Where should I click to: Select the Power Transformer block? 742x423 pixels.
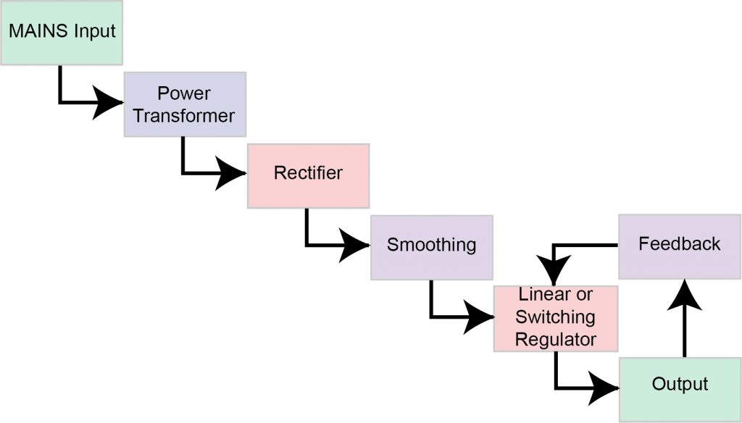[184, 105]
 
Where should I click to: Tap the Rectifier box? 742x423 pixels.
[308, 175]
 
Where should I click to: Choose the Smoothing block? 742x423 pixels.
[431, 246]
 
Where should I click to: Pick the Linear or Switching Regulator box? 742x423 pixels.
[555, 318]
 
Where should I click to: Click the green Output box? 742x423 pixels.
[680, 385]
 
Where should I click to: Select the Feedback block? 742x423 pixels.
[679, 245]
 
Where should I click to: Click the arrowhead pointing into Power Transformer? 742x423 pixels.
[109, 104]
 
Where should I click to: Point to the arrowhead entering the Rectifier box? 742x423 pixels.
[232, 175]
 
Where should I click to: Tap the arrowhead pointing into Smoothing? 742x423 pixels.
[355, 246]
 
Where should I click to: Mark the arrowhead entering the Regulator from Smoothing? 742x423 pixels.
[479, 317]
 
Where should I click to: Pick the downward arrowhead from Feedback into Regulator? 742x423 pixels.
[554, 273]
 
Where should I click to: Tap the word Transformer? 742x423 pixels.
[184, 116]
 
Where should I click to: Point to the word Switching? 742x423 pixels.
[555, 317]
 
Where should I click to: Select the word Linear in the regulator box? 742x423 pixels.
[538, 296]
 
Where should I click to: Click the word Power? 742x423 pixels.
[184, 93]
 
